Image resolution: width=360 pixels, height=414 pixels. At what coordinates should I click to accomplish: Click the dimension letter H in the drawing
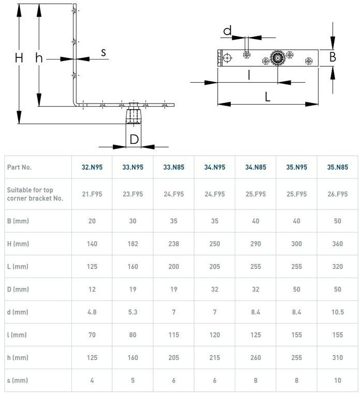(x=19, y=58)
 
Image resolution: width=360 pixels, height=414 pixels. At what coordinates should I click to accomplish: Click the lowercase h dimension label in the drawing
(x=39, y=58)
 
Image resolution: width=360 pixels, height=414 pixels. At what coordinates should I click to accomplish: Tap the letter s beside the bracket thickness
(x=103, y=52)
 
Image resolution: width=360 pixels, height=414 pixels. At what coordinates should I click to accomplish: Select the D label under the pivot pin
(x=134, y=139)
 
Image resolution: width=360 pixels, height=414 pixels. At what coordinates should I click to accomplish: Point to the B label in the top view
(x=333, y=57)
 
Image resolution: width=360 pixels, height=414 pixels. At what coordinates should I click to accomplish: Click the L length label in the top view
(x=267, y=97)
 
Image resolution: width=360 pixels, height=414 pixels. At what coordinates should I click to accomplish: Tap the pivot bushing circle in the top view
(x=277, y=58)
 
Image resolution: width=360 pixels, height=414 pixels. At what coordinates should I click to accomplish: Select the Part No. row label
(x=19, y=167)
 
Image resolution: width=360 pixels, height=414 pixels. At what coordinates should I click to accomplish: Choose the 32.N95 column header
(x=92, y=167)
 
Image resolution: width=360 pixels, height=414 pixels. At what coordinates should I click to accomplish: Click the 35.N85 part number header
(x=338, y=167)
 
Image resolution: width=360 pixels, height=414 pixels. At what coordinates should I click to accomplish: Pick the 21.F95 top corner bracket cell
(x=92, y=194)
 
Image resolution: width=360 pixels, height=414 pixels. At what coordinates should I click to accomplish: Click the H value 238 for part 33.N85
(x=174, y=244)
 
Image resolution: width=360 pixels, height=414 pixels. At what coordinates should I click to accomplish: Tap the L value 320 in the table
(x=338, y=267)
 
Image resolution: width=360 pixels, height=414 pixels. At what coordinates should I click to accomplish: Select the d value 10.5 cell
(x=338, y=312)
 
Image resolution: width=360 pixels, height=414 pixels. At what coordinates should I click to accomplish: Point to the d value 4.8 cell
(x=92, y=312)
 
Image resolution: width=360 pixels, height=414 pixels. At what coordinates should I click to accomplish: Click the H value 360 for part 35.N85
(x=338, y=244)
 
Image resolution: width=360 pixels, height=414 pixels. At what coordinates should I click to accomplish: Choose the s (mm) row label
(x=18, y=380)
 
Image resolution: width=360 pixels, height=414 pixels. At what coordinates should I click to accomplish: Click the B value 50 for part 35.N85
(x=338, y=221)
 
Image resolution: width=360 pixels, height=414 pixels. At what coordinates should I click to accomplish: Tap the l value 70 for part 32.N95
(x=92, y=335)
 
